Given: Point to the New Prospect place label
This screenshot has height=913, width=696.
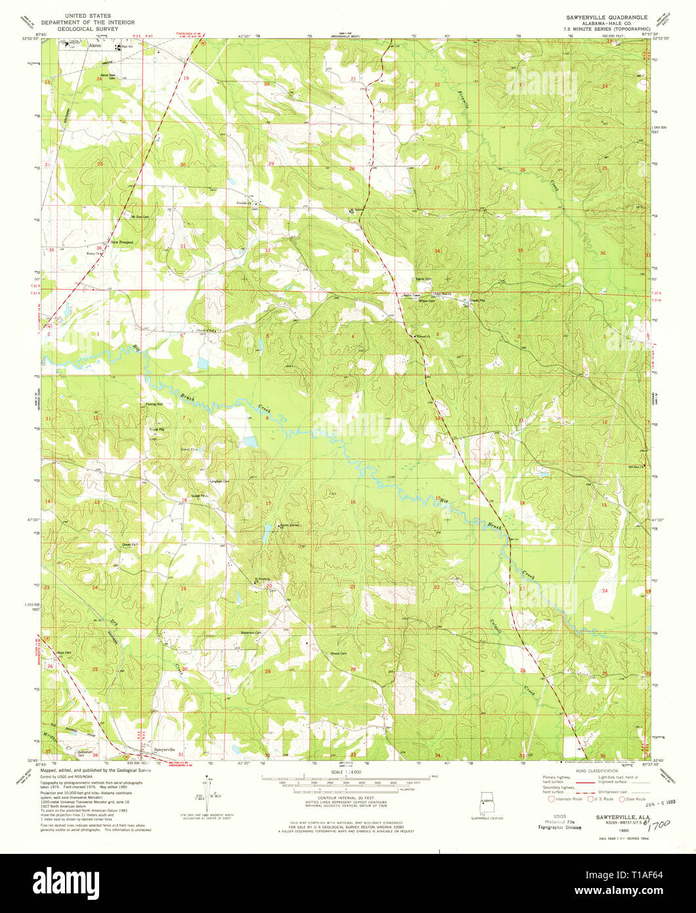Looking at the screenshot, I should [x=121, y=242].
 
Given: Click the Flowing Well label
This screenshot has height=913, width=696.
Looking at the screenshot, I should [x=154, y=405].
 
